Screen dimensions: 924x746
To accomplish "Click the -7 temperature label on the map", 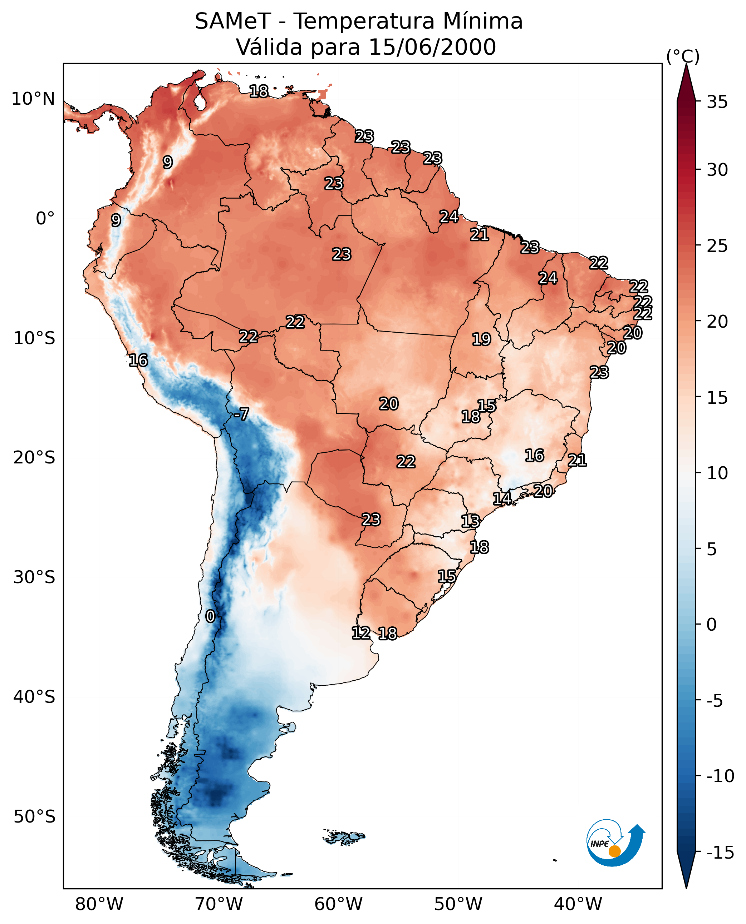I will coord(241,414).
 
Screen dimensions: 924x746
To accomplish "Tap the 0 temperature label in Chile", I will coord(210,617).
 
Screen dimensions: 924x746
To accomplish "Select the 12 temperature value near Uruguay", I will coord(360,633).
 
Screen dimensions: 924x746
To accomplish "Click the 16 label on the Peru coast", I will coord(138,360).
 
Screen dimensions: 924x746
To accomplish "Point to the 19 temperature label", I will coord(481,340).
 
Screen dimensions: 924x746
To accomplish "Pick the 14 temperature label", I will coord(502,499).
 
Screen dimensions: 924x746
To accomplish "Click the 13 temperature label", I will coord(471,521).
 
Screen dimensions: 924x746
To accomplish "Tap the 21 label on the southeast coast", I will coord(577,461).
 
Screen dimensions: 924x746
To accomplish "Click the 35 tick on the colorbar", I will coord(717,102).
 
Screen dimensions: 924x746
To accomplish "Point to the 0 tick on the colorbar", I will coord(712,625).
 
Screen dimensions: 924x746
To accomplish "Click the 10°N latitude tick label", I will coord(33,99).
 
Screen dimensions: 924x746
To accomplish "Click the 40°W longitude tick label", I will coord(578,904).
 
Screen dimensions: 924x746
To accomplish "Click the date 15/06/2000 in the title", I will coord(432,47).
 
